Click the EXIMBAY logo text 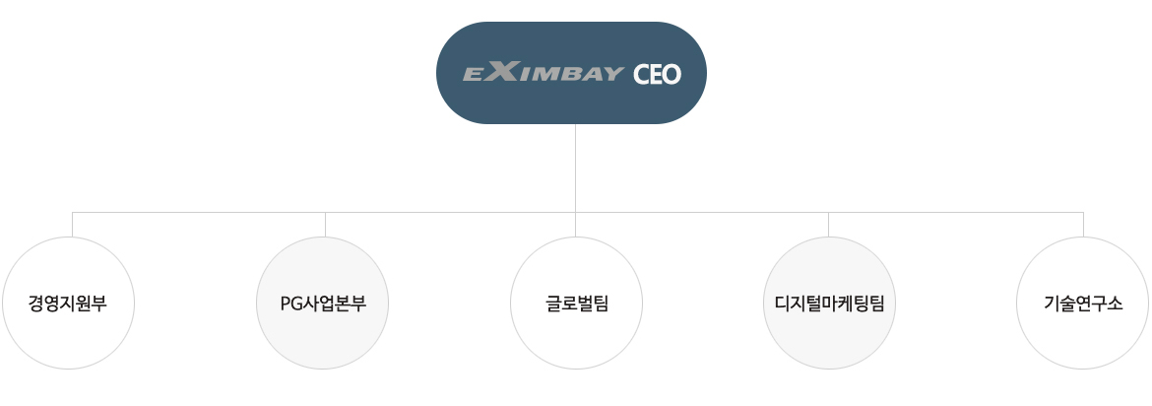pos(543,72)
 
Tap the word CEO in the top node pos(657,74)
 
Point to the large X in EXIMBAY pos(501,71)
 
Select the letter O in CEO pos(672,74)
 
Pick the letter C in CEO pos(641,74)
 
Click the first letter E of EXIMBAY pos(474,74)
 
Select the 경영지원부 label pos(68,304)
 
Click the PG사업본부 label pos(323,304)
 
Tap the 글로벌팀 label pos(577,304)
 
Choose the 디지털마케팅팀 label pos(829,304)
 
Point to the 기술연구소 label pos(1083,304)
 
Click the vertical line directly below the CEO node pos(575,169)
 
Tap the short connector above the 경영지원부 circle pos(72,225)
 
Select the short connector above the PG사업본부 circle pos(326,225)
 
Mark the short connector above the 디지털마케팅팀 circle pos(829,225)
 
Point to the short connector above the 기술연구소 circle pos(1084,225)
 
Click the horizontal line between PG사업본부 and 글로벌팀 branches pos(450,213)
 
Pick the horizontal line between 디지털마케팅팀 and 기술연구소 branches pos(956,213)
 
